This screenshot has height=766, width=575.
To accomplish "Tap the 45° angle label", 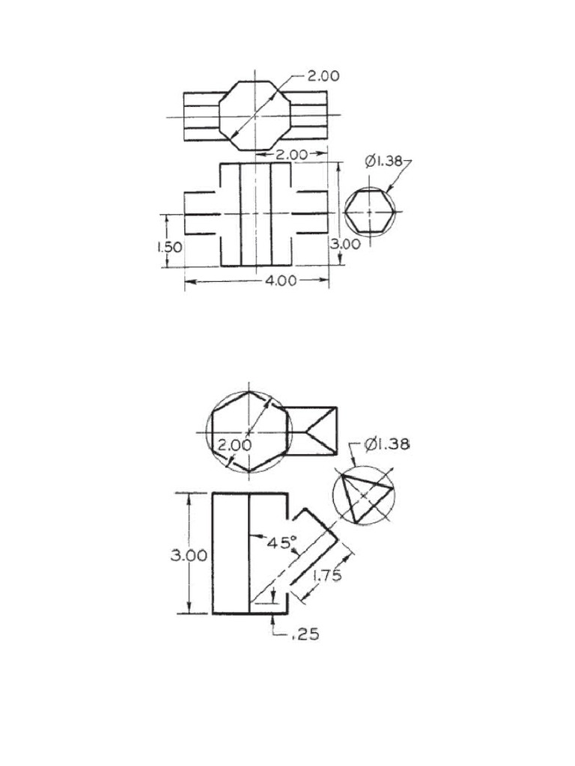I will click(x=283, y=543).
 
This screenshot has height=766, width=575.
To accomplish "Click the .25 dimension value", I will click(x=305, y=634).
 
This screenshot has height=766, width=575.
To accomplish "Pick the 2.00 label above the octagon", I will click(x=323, y=76).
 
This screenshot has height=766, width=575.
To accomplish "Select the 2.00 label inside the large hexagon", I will click(x=234, y=445).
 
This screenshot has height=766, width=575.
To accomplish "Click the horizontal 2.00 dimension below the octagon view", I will click(x=292, y=155).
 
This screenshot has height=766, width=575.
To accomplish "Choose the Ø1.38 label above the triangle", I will click(x=387, y=444).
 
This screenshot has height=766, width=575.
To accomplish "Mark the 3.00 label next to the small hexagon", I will click(x=346, y=244).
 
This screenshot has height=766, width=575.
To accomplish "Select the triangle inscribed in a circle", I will click(x=363, y=495).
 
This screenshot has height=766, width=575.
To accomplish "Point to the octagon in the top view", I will click(x=255, y=115).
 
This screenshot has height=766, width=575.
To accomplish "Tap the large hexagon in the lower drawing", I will click(x=249, y=432).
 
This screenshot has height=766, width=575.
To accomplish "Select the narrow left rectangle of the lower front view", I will click(x=231, y=554).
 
